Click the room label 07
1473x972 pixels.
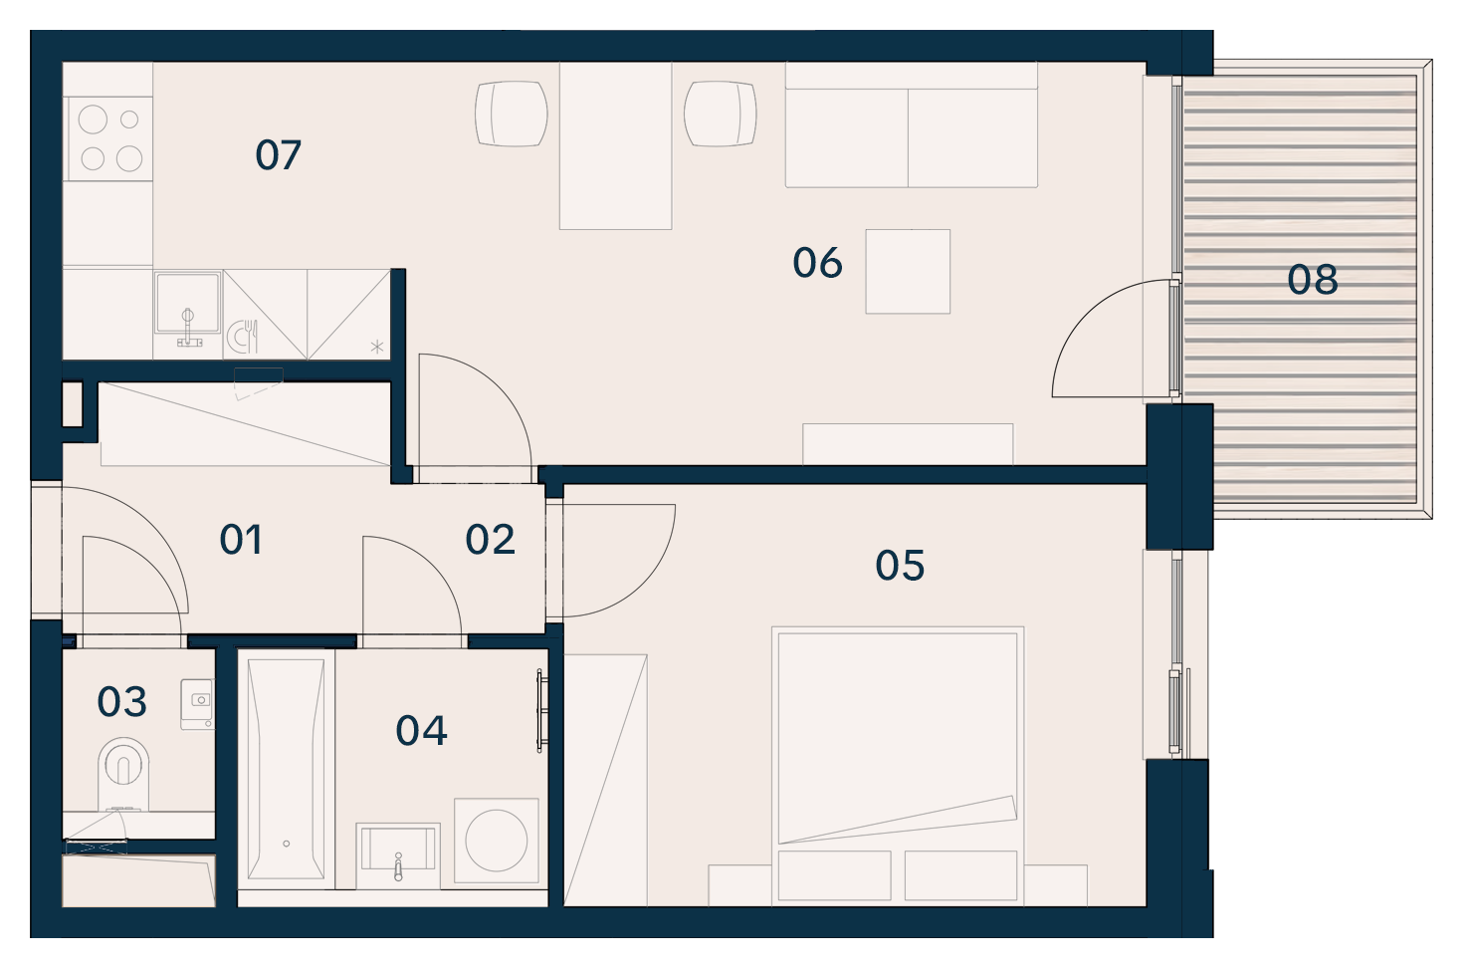pyautogui.click(x=278, y=155)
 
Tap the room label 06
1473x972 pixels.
pyautogui.click(x=817, y=263)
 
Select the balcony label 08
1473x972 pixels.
pyautogui.click(x=1313, y=280)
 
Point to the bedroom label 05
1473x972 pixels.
pyautogui.click(x=900, y=566)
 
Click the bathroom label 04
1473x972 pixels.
pyautogui.click(x=422, y=730)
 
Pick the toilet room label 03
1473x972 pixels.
pyautogui.click(x=121, y=701)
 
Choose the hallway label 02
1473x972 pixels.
pyautogui.click(x=490, y=540)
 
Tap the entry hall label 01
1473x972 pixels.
pyautogui.click(x=241, y=540)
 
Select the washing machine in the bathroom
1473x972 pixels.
pyautogui.click(x=497, y=841)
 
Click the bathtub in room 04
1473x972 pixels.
pyautogui.click(x=286, y=769)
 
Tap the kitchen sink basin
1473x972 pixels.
pyautogui.click(x=187, y=303)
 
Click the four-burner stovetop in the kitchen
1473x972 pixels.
pyautogui.click(x=108, y=138)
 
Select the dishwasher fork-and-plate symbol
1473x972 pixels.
pyautogui.click(x=242, y=337)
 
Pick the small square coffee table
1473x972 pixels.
pyautogui.click(x=908, y=271)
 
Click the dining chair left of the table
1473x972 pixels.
pyautogui.click(x=512, y=114)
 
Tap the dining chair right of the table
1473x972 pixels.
pyautogui.click(x=720, y=114)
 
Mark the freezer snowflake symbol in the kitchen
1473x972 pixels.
pyautogui.click(x=377, y=347)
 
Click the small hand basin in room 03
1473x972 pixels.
pyautogui.click(x=197, y=703)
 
